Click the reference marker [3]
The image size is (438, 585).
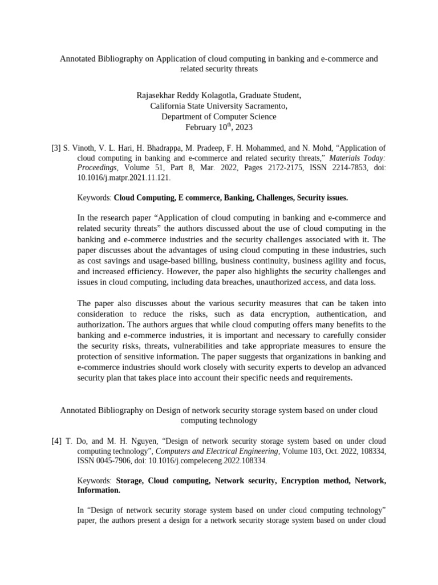click(x=56, y=148)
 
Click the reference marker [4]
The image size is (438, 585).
click(x=56, y=442)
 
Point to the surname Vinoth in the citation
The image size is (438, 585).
click(x=86, y=148)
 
